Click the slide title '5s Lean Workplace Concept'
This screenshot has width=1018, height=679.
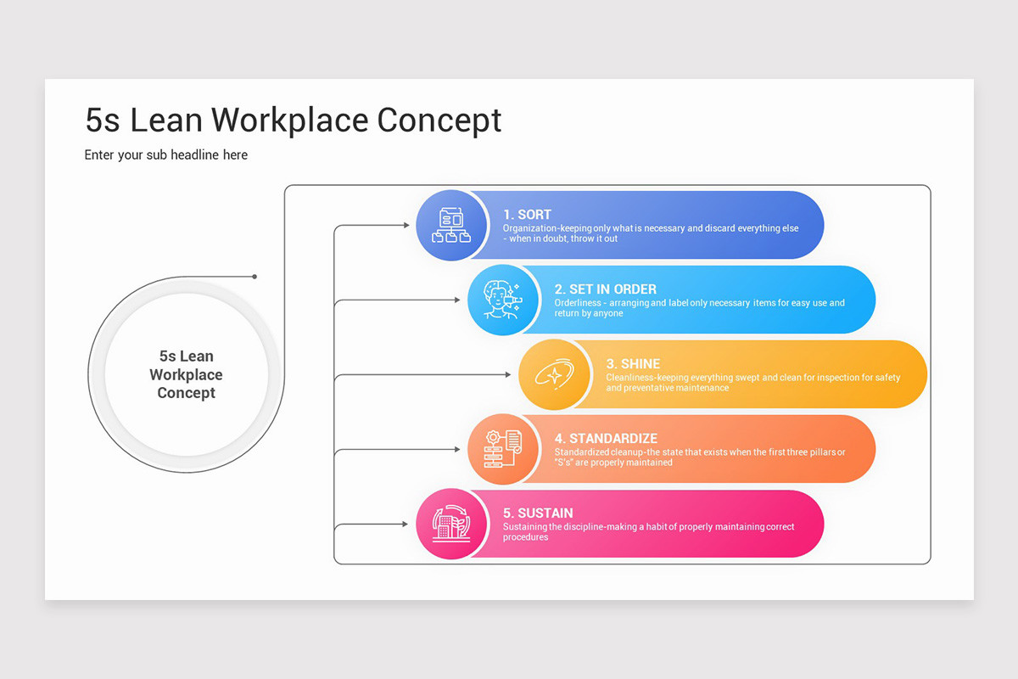coord(294,121)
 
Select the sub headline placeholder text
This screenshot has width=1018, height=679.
coord(166,155)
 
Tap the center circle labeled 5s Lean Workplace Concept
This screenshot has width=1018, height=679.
coord(187,374)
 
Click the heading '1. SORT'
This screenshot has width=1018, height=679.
coord(527,215)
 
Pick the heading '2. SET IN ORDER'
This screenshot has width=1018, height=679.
coord(606,289)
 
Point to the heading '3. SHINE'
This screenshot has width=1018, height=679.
coord(633,364)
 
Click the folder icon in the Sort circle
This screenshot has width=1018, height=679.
coord(450,226)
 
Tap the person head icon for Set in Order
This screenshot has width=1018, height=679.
coord(501,300)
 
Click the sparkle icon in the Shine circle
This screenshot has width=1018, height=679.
coord(553,374)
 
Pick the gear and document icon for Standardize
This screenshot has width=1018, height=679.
coord(501,449)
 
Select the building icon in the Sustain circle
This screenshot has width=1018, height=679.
coord(450,524)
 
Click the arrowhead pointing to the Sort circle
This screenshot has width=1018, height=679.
coord(406,226)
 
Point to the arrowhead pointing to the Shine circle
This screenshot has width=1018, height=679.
coord(510,375)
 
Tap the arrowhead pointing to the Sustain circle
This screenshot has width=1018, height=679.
coord(406,525)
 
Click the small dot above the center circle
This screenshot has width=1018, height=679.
coord(255,277)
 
